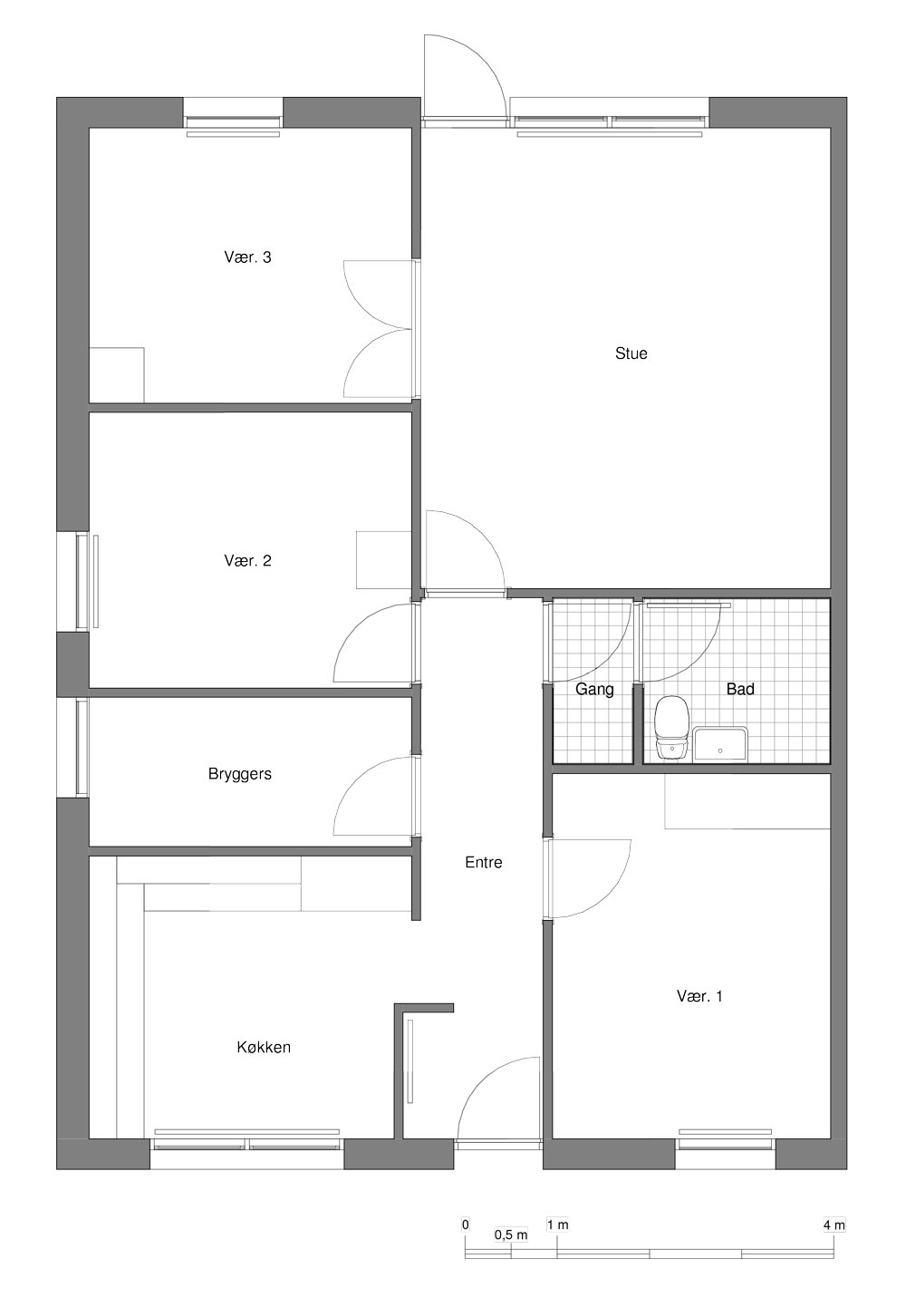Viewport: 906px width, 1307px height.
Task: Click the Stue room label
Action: click(631, 353)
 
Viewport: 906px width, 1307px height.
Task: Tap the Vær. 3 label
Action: click(247, 257)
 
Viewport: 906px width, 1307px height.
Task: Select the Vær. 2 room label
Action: click(247, 561)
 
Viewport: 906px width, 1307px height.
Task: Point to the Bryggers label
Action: click(240, 774)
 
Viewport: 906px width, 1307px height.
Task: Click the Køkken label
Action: click(264, 1048)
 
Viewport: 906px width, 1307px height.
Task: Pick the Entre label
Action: click(484, 862)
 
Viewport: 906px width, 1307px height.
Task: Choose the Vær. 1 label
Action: click(699, 996)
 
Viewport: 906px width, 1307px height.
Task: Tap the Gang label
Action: click(594, 690)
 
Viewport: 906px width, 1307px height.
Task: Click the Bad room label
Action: click(740, 689)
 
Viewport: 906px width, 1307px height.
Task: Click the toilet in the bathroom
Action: click(671, 727)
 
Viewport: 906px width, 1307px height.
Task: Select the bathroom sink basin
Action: click(720, 744)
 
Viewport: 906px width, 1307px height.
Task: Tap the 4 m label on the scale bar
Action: click(834, 1225)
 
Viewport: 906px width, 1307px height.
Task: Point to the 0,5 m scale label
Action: click(511, 1235)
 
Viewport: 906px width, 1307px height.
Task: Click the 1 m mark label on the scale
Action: click(557, 1225)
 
